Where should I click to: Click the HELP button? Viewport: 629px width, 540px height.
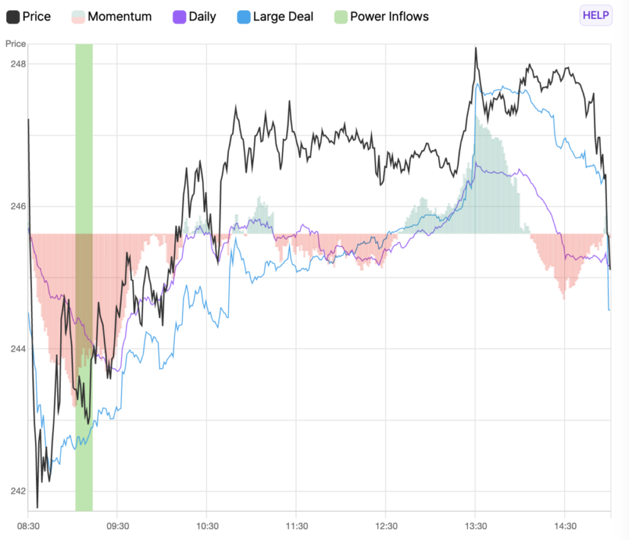click(x=596, y=16)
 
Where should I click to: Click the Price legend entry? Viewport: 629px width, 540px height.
click(x=28, y=17)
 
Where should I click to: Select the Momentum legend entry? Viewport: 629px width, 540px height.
click(x=111, y=17)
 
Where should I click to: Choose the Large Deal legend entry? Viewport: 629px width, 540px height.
click(x=275, y=17)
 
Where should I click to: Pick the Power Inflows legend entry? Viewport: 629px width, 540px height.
click(x=381, y=17)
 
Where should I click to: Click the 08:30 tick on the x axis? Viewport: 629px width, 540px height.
click(x=28, y=526)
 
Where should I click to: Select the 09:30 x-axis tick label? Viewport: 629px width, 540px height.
click(x=117, y=526)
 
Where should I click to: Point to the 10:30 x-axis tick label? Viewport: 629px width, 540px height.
click(x=207, y=526)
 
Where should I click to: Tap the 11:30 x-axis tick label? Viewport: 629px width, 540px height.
click(x=296, y=526)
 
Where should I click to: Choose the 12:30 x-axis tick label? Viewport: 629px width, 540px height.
click(x=386, y=526)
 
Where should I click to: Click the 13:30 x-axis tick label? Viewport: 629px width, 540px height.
click(x=475, y=526)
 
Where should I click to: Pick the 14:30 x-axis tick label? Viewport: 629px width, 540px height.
click(x=565, y=526)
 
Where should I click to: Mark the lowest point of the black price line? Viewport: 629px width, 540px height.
click(x=37, y=507)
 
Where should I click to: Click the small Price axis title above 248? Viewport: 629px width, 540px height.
click(x=15, y=44)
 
